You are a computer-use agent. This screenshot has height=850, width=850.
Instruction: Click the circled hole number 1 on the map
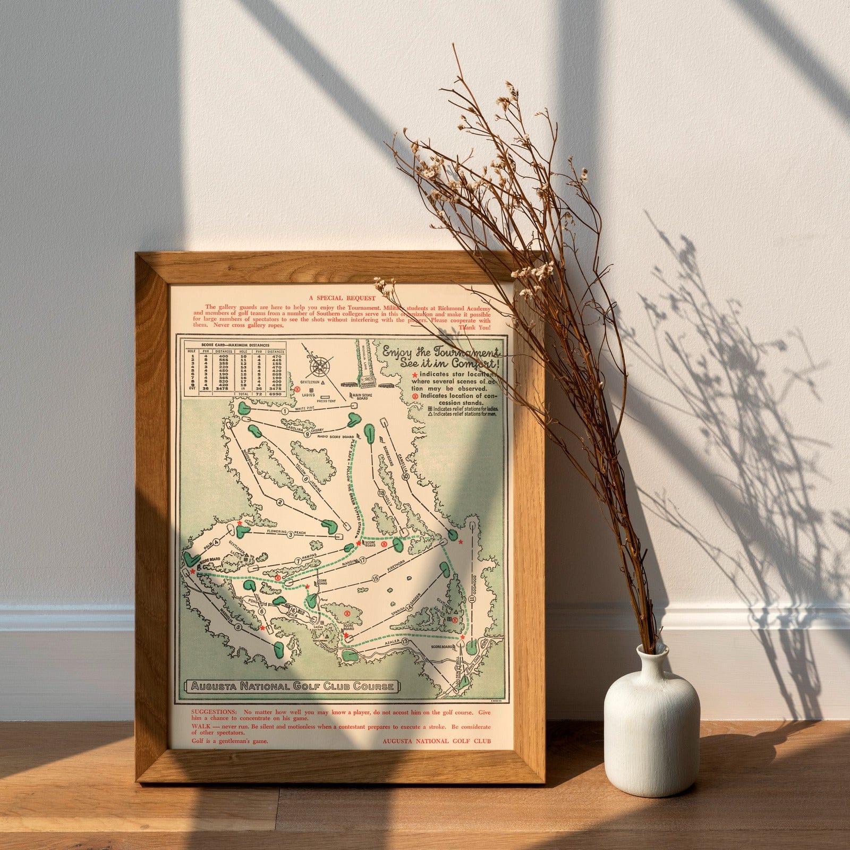pos(285,411)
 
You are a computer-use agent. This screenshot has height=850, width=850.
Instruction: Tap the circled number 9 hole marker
pos(308,433)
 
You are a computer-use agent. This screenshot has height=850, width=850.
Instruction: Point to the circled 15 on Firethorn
pos(376,578)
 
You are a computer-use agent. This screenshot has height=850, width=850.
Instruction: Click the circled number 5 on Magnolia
pos(238,627)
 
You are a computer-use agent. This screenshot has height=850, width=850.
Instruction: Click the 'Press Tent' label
pos(326,401)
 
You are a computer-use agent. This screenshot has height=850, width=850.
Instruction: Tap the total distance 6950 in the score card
pos(276,394)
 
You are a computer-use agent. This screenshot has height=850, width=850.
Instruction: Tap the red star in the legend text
pos(415,375)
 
